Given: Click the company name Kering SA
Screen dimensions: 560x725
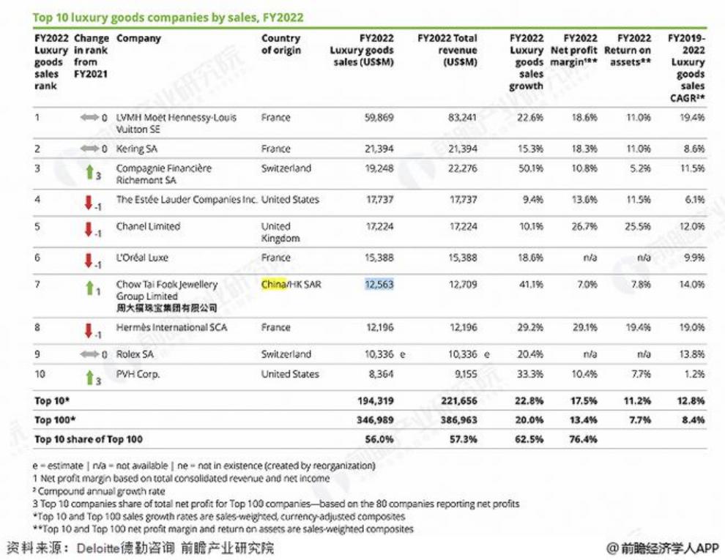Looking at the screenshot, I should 138,149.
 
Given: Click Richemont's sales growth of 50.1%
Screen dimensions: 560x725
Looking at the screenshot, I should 529,168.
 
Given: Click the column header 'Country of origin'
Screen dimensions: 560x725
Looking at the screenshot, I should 280,44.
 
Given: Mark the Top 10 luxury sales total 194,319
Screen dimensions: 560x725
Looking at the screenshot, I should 375,401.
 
